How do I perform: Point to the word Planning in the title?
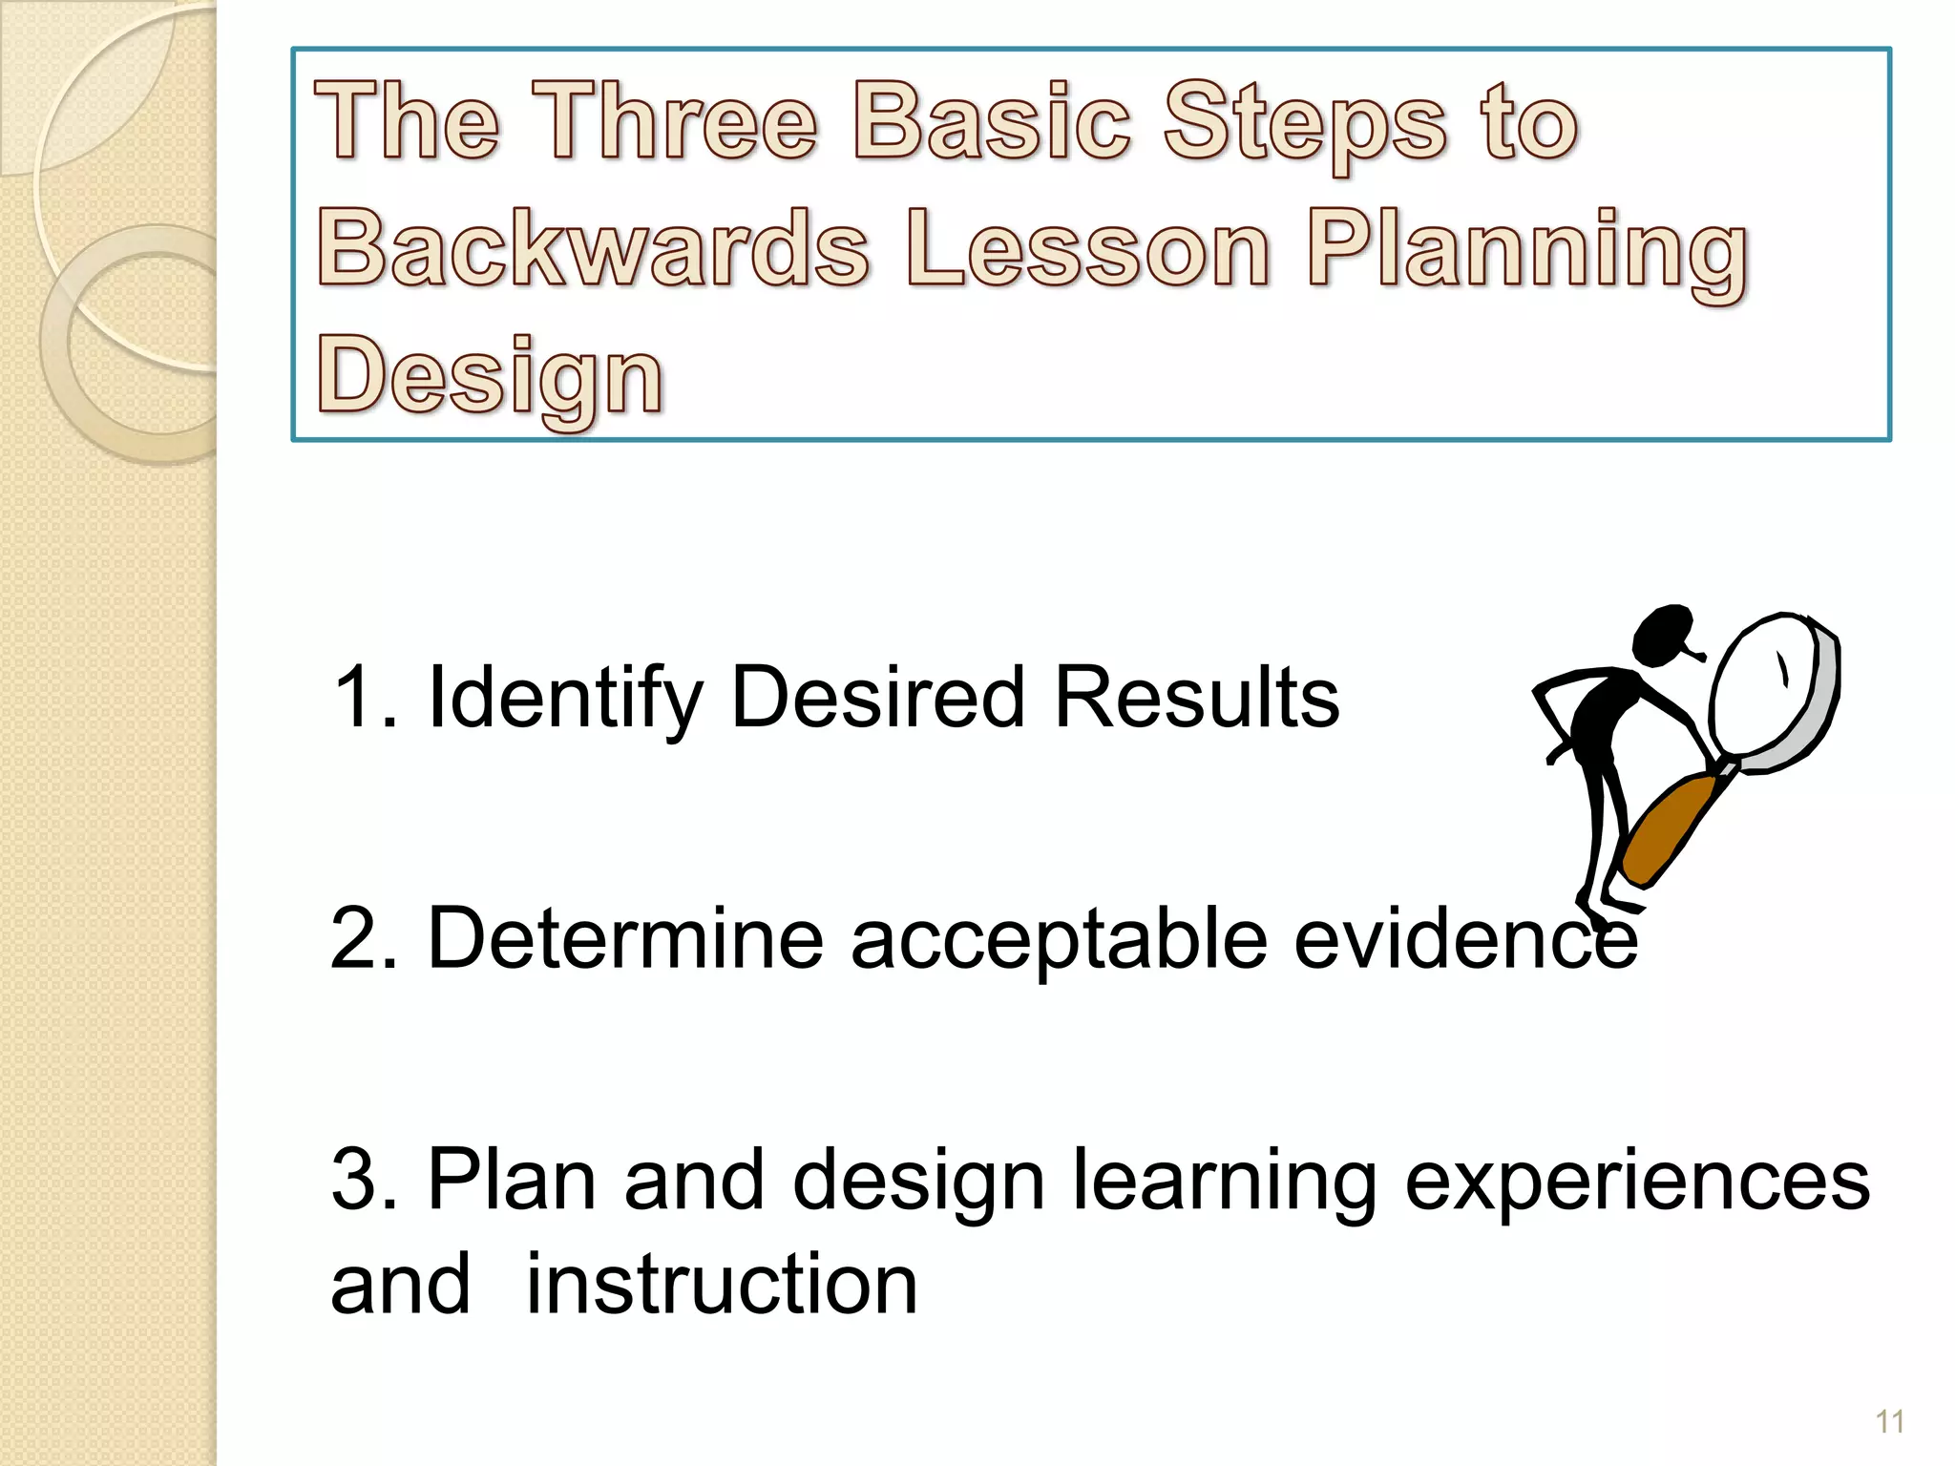click(x=1527, y=250)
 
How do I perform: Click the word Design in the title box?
click(x=489, y=376)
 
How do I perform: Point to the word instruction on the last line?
click(x=722, y=1284)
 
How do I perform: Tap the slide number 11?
click(x=1889, y=1422)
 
